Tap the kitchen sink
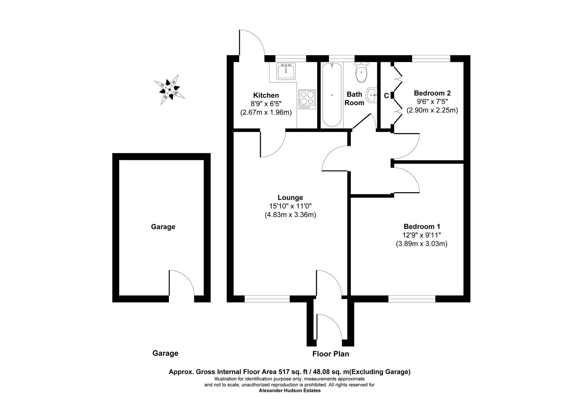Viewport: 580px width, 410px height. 286,71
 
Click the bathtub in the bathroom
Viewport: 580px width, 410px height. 332,95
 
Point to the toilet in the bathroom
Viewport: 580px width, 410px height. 361,73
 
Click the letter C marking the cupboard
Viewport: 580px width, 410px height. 386,96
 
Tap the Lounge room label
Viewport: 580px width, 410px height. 290,197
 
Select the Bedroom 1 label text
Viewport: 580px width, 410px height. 422,226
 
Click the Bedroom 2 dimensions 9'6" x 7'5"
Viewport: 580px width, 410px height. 432,102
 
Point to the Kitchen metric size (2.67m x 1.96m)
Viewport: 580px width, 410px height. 266,112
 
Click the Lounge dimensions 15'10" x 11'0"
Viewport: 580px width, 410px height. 290,206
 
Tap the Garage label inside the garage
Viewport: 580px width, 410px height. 163,227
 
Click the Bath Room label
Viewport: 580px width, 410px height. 355,98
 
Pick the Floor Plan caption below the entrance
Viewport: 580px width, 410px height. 331,354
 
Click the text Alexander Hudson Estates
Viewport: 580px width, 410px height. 290,391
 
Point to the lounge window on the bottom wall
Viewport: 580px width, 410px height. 267,299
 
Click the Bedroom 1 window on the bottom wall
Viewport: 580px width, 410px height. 411,299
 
